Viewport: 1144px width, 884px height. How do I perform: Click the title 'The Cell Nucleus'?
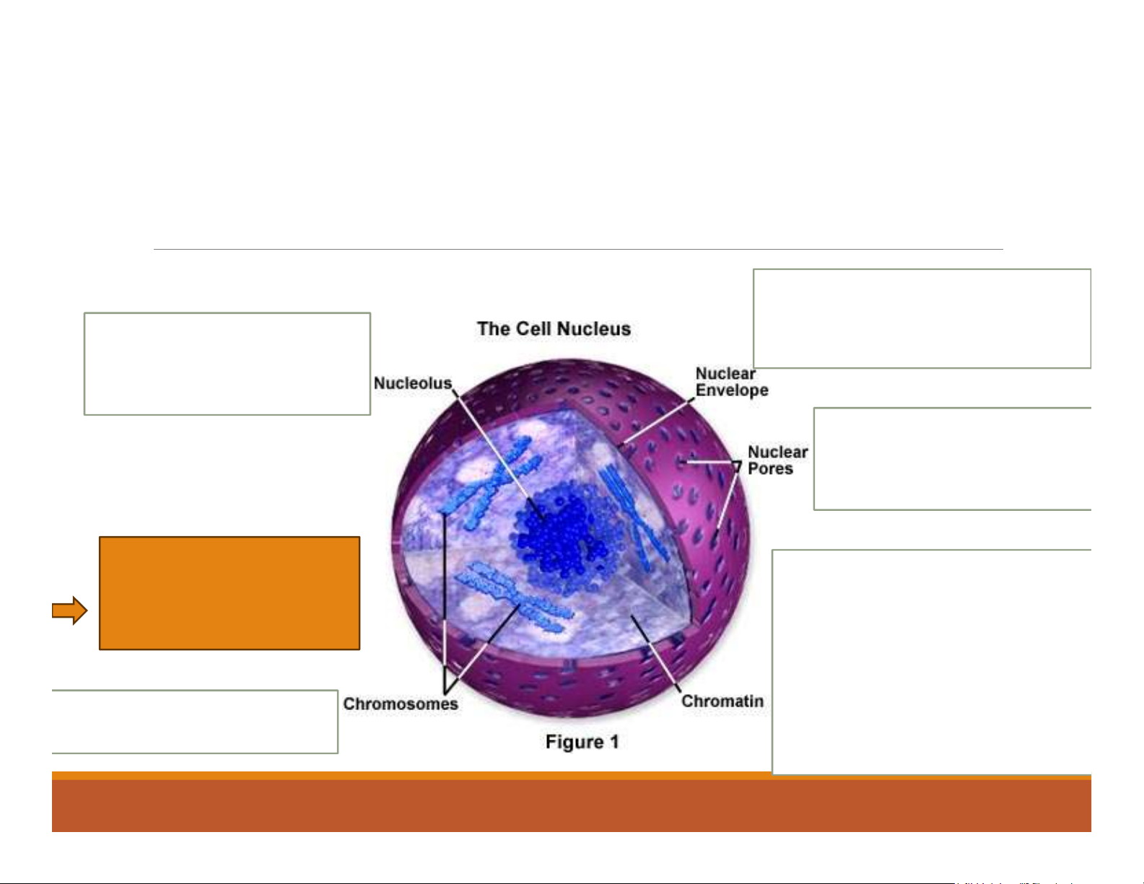coord(554,329)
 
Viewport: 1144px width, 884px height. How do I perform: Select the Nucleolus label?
coord(412,383)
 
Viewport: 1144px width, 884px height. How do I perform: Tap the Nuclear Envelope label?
coord(731,382)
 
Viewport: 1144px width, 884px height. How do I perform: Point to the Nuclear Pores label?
coord(777,460)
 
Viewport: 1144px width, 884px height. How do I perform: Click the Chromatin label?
coord(722,701)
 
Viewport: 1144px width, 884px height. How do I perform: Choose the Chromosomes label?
coord(400,704)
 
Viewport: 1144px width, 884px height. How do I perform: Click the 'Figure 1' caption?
coord(582,742)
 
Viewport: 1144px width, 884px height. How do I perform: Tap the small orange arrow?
coord(69,611)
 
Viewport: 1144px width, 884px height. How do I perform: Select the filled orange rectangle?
coord(229,592)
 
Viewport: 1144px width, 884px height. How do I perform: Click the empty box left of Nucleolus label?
coord(227,364)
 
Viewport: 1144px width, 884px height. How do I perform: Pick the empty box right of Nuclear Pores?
coord(951,459)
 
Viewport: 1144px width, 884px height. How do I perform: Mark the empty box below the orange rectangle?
coord(195,722)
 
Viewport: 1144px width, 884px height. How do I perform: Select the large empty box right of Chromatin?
coord(931,662)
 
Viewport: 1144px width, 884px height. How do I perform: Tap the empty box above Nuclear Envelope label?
coord(921,318)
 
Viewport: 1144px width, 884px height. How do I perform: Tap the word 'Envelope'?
coord(731,390)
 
